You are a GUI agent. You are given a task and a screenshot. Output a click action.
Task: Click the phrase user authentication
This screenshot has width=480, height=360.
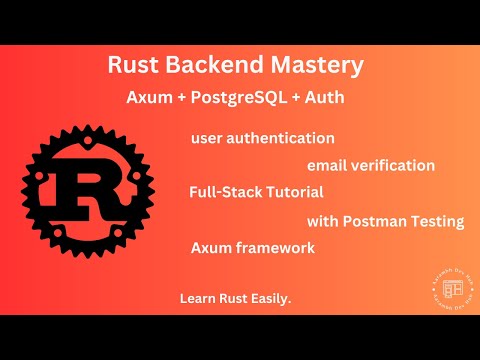(262, 137)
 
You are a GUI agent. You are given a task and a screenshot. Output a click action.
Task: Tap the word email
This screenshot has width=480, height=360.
(328, 165)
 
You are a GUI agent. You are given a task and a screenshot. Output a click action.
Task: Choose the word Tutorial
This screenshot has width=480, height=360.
(294, 191)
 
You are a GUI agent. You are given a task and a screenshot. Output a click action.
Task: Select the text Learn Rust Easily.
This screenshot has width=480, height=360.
(236, 299)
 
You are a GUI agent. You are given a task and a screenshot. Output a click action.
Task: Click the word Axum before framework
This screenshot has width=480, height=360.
(209, 247)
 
